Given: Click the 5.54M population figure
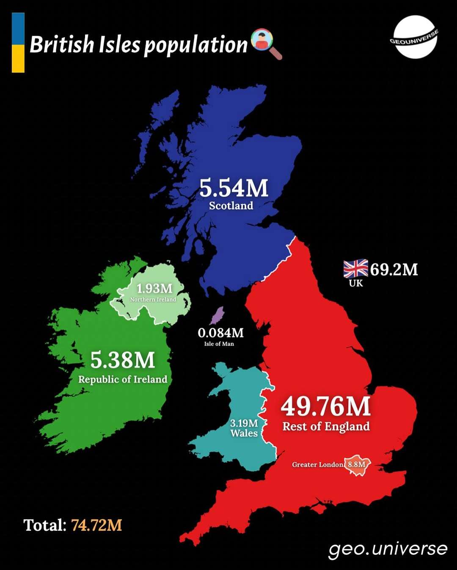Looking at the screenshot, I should [234, 188].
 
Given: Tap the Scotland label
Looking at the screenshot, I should [231, 206].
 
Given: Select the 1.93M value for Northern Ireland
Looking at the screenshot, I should [154, 289].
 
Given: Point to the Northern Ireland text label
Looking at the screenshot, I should [153, 300].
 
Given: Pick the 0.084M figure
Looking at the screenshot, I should [220, 333].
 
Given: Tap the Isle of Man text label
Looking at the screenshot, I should [219, 344].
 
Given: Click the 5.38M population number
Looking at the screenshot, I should [123, 360].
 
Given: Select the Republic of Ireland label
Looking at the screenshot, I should [123, 379].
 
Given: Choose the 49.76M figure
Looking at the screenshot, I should [325, 406].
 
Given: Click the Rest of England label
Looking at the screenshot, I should [326, 426].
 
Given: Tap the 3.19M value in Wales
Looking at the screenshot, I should [244, 423].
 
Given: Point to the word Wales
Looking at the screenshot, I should [244, 433].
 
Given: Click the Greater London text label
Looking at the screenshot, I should [318, 465].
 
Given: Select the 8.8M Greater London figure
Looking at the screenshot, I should [356, 464].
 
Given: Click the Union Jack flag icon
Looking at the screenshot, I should [355, 269].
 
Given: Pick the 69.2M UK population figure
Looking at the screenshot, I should [394, 269].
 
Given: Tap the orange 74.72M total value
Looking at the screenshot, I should [96, 525].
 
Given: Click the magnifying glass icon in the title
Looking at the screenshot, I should [266, 44].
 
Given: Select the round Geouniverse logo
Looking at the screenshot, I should [414, 37].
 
